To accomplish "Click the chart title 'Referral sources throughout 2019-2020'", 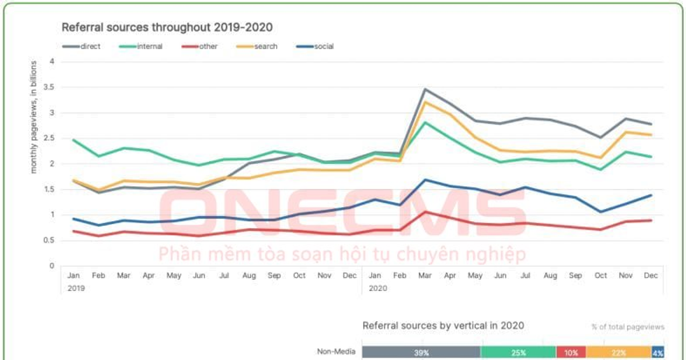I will pos(167,27).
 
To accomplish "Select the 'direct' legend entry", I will pos(81,46).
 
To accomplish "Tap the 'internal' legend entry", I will pos(142,46).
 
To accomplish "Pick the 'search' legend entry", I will pos(257,46).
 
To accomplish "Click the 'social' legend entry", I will pos(316,46).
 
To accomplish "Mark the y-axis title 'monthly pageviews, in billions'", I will pos(34,117).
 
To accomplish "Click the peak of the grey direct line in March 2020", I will pos(425,89).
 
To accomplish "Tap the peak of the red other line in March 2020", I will pos(425,211).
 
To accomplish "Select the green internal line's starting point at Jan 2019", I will pos(73,139).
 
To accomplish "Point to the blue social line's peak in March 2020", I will pos(425,179).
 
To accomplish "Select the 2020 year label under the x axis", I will pos(377,289).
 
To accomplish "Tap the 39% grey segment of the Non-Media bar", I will pos(421,353).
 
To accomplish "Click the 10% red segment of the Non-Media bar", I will pos(571,353).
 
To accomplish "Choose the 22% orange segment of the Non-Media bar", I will pos(619,353).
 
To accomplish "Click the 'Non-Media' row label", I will pos(336,352).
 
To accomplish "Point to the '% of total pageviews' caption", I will pos(628,327).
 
